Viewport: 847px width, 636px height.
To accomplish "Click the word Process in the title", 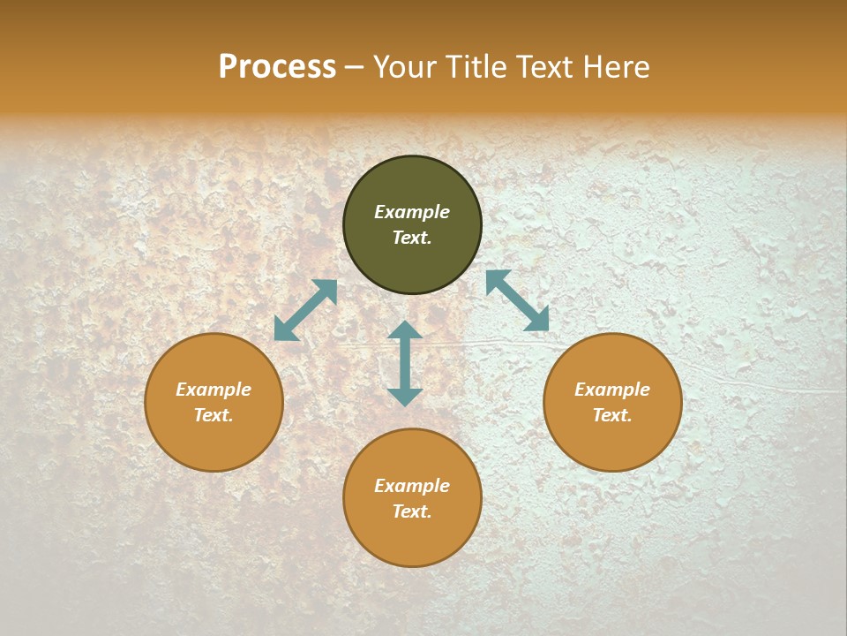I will tap(277, 67).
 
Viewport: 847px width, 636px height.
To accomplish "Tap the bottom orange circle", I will tap(412, 539).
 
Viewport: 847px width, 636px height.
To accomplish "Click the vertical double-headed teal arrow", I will tap(405, 364).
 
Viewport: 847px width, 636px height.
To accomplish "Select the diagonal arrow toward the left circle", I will tap(305, 310).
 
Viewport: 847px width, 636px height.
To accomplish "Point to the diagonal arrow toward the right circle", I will tap(517, 300).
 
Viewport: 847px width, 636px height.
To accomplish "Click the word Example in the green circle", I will tap(412, 212).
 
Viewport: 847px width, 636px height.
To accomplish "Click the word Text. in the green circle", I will tap(412, 238).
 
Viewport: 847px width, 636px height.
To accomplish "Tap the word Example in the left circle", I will tap(214, 390).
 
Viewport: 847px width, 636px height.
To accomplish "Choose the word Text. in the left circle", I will tap(214, 415).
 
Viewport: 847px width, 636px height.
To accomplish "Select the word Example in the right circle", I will tap(612, 390).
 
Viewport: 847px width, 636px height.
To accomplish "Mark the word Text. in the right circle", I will tap(612, 415).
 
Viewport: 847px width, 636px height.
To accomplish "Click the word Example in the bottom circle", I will tap(412, 486).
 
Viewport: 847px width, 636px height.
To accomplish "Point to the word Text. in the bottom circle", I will tap(412, 511).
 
